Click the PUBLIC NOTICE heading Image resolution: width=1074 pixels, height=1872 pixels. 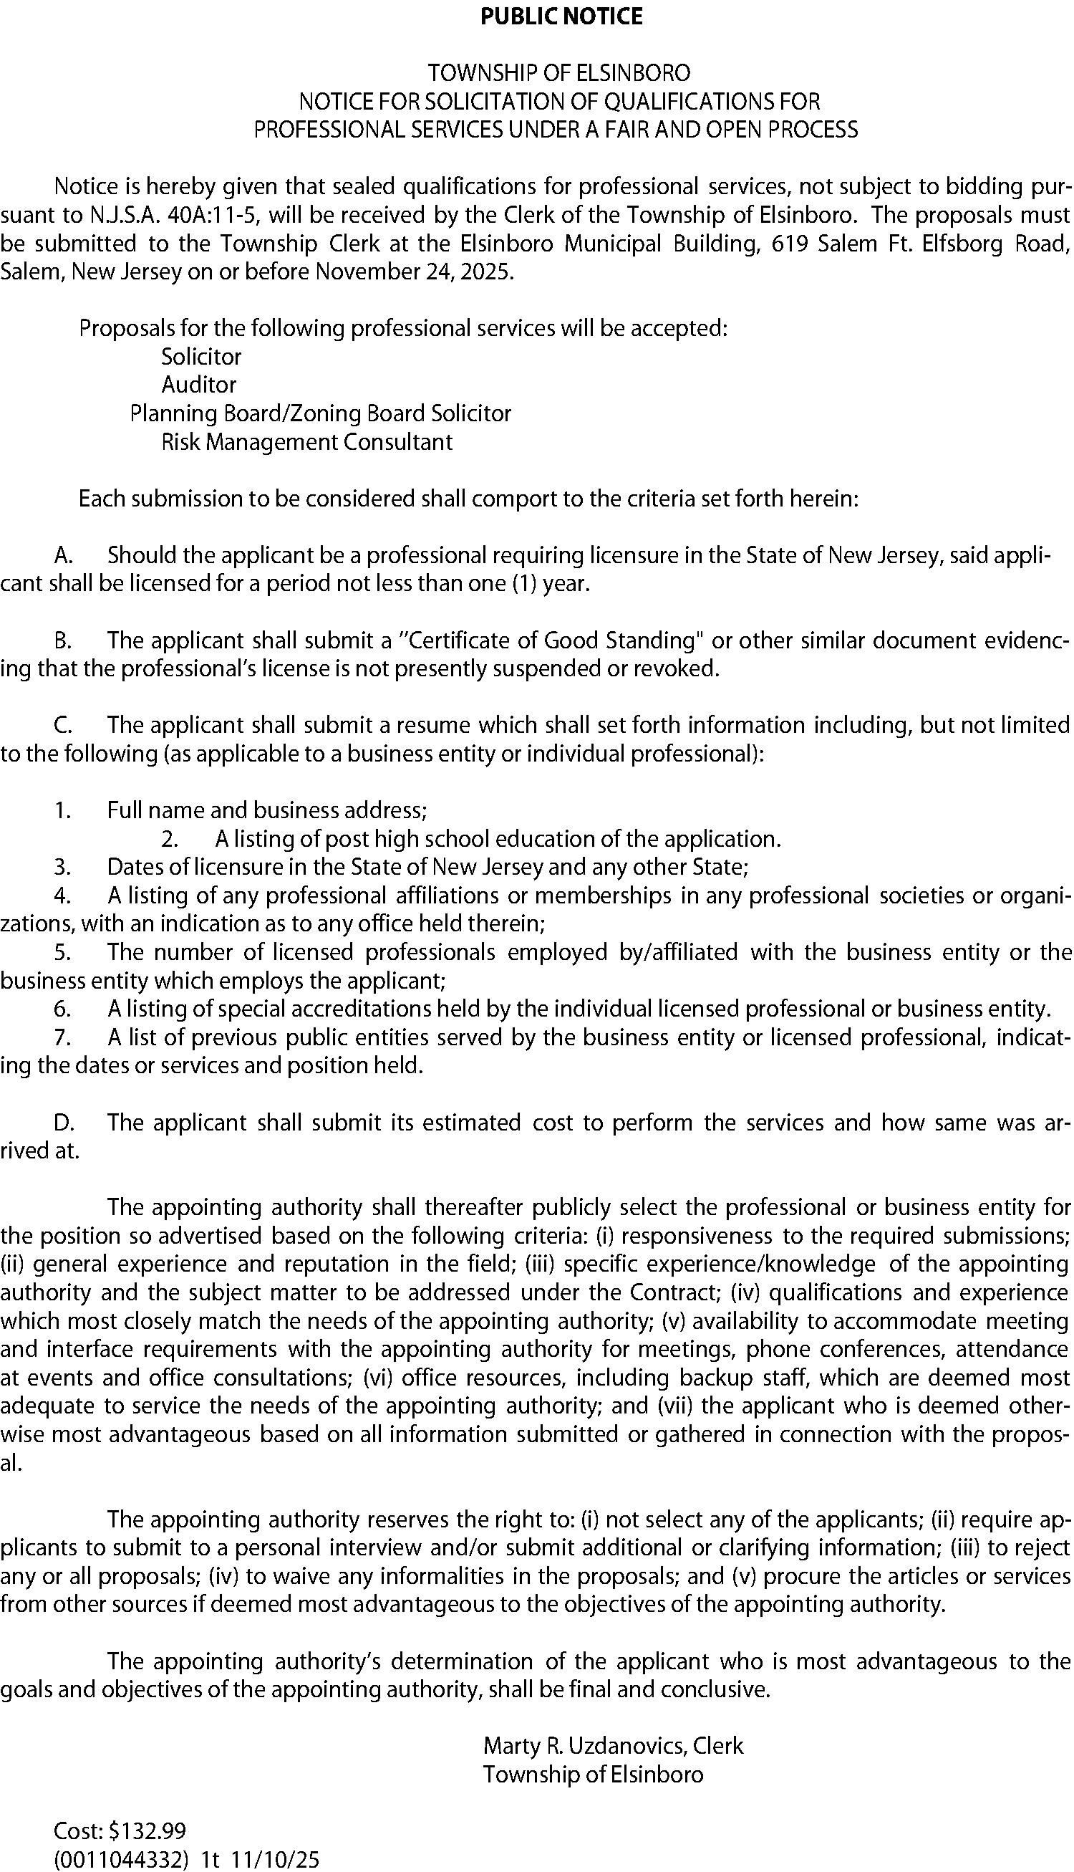coord(561,16)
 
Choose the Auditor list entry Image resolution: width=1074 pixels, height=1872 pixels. coord(198,385)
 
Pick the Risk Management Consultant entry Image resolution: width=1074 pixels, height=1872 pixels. coord(306,442)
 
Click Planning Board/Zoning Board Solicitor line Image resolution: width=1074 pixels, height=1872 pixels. coord(320,413)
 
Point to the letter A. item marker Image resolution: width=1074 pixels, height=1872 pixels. coord(62,555)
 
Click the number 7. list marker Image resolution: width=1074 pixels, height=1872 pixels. coord(62,1037)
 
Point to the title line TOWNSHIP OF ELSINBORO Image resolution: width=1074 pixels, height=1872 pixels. coord(560,73)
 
